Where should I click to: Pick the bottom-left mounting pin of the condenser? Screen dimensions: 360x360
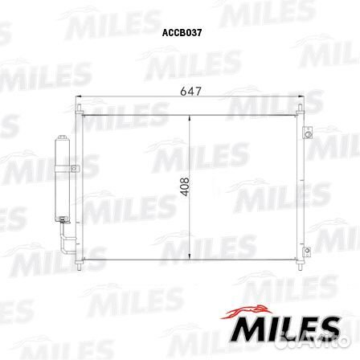(x=78, y=263)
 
